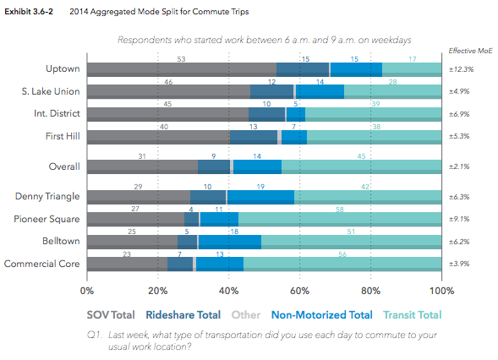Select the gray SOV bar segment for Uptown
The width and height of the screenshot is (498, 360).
(181, 69)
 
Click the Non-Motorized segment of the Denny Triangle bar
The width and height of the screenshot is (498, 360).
(260, 197)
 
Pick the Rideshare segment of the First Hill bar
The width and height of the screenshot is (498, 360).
(253, 136)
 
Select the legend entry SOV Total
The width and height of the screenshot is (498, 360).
(111, 315)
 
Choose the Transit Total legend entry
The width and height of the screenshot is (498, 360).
(412, 315)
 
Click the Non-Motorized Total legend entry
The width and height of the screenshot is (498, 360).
(321, 315)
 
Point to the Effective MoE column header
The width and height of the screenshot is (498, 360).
(463, 52)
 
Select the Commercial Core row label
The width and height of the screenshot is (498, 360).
(42, 264)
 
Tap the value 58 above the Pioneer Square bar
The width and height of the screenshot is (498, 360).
(339, 208)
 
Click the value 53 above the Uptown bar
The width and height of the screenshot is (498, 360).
(181, 59)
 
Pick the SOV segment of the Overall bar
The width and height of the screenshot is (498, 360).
(141, 166)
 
